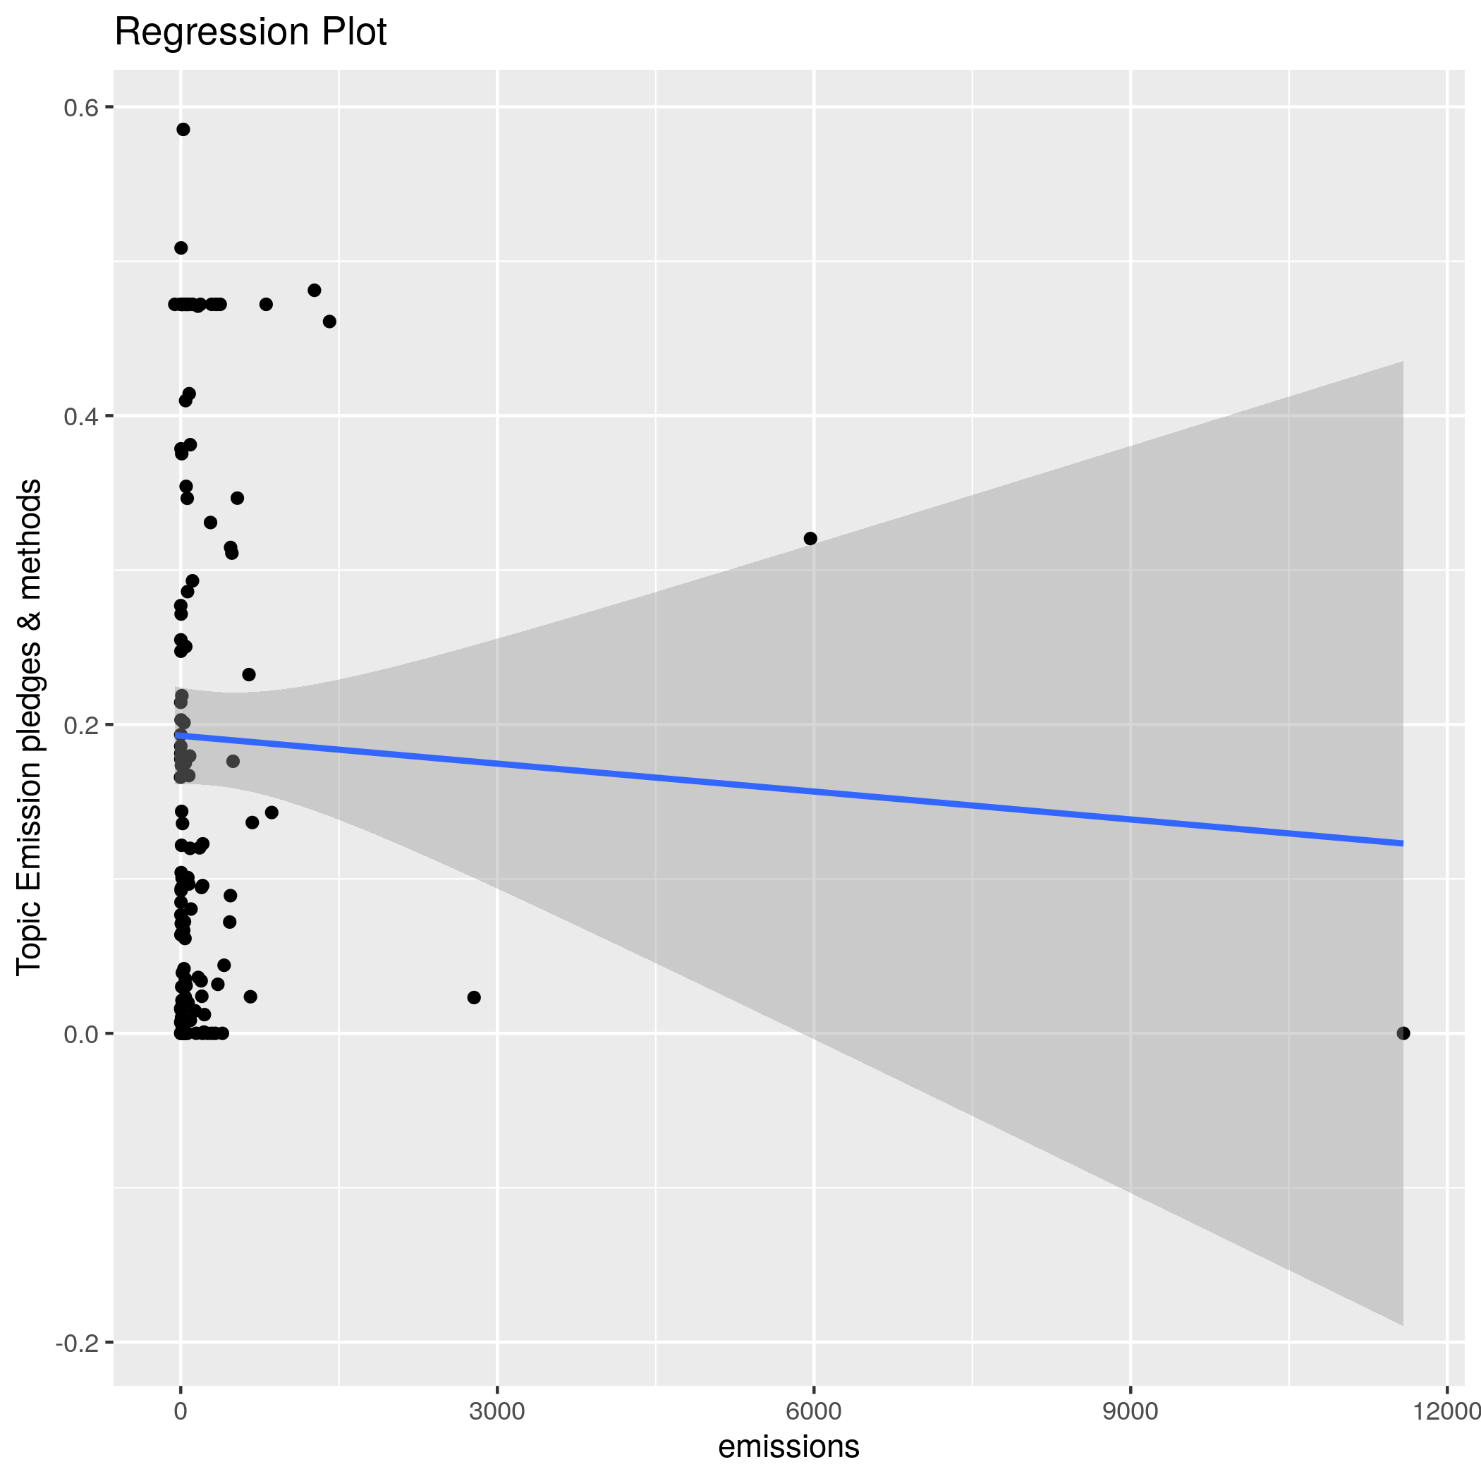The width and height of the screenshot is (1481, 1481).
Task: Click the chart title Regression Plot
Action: pyautogui.click(x=250, y=32)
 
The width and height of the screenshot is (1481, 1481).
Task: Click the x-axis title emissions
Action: pyautogui.click(x=788, y=1446)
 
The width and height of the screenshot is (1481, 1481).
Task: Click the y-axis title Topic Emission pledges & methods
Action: pyautogui.click(x=29, y=726)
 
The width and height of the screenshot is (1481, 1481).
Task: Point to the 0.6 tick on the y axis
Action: pyautogui.click(x=80, y=107)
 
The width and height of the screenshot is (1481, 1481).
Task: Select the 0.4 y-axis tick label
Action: pyautogui.click(x=80, y=417)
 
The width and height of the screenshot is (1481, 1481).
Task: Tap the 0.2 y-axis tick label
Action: pyautogui.click(x=80, y=725)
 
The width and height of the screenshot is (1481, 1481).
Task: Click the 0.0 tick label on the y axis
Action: pyautogui.click(x=80, y=1034)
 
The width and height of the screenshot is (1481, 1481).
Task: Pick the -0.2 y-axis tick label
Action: pyautogui.click(x=77, y=1343)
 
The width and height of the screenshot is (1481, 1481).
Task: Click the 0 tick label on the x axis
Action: pyautogui.click(x=181, y=1412)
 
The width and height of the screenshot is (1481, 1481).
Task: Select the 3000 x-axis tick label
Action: pyautogui.click(x=497, y=1412)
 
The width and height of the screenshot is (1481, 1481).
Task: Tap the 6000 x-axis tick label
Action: pyautogui.click(x=814, y=1412)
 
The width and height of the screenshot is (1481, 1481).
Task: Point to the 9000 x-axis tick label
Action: pyautogui.click(x=1130, y=1412)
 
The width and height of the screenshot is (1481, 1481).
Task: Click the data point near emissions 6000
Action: pyautogui.click(x=810, y=539)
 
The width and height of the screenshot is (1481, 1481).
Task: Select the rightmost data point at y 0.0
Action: pyautogui.click(x=1403, y=1033)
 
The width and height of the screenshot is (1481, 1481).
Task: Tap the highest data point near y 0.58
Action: pyautogui.click(x=183, y=130)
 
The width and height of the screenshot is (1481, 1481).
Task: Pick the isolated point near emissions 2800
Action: pyautogui.click(x=474, y=997)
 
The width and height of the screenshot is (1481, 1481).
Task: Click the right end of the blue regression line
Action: pyautogui.click(x=1402, y=843)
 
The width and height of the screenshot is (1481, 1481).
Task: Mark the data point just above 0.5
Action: pyautogui.click(x=181, y=248)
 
